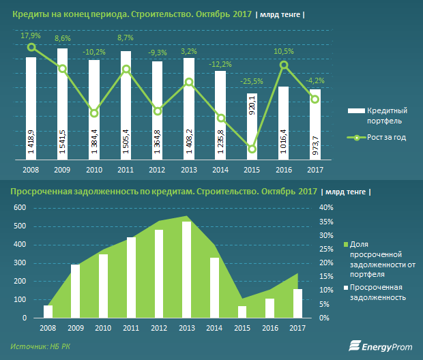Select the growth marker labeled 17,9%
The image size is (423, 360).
pos(31,47)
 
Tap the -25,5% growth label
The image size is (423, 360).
pos(251,82)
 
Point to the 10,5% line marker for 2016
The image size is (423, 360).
pos(285,65)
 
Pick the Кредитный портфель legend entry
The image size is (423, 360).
pos(388,115)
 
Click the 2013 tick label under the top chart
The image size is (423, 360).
pos(188,169)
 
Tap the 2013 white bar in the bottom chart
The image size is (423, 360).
pos(186,270)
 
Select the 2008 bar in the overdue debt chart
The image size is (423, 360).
pos(48,312)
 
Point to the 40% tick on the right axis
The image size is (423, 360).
pos(326,207)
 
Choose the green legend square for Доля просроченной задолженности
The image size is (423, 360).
pos(345,244)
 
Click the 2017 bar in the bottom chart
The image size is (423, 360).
pos(297,303)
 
